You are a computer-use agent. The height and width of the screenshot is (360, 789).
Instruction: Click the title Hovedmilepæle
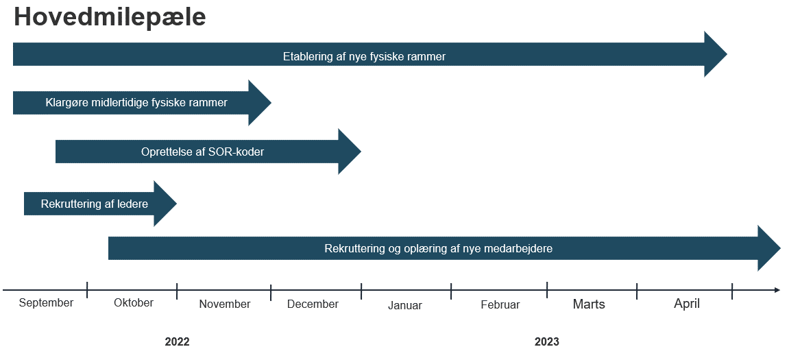tap(110, 17)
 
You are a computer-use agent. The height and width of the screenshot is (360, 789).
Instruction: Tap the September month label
tap(47, 303)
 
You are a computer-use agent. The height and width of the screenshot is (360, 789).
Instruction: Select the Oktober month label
tap(134, 303)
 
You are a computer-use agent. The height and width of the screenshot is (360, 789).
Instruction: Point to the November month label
tap(225, 304)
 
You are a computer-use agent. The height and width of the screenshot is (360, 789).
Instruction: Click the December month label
tap(313, 304)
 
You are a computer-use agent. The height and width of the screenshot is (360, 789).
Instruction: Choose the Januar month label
tap(405, 305)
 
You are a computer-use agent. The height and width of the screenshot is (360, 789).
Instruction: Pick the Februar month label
tap(500, 304)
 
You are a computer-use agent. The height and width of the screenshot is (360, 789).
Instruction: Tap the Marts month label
tap(590, 304)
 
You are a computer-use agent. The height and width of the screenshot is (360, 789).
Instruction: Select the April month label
tap(687, 304)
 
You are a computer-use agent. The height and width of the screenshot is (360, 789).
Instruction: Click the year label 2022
tap(177, 342)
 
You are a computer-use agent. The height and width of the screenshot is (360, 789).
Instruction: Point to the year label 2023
tap(547, 342)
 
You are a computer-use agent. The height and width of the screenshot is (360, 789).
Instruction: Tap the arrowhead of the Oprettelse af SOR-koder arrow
tap(350, 152)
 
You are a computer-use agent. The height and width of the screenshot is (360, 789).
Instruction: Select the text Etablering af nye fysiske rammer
tap(364, 56)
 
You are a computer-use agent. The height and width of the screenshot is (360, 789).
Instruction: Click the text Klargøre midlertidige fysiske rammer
tap(136, 103)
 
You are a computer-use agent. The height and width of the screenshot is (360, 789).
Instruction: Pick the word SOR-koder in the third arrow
tap(236, 152)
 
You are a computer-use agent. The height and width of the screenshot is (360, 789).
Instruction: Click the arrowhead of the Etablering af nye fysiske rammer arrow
tap(716, 54)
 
